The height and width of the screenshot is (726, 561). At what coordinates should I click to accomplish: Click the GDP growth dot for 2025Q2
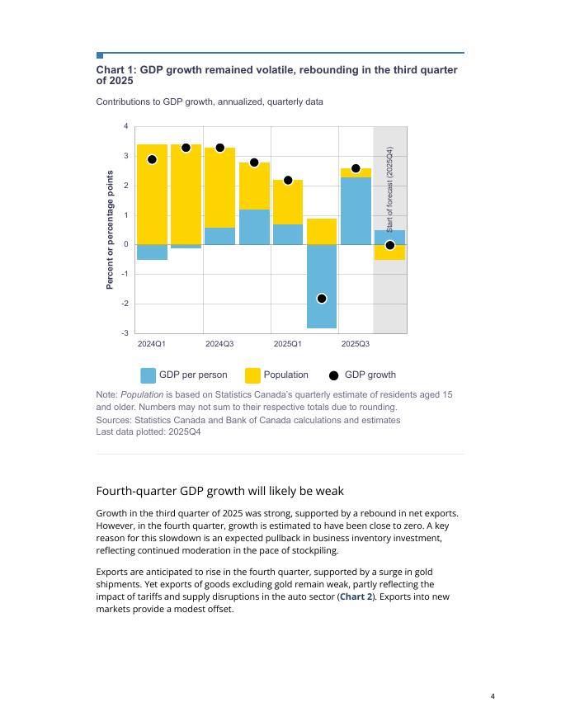(x=322, y=298)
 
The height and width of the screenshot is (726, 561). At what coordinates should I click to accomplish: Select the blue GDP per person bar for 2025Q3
(x=356, y=211)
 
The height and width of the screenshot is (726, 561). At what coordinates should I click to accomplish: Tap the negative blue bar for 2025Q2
(x=322, y=285)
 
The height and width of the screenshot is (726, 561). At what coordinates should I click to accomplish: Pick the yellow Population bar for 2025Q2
(x=322, y=231)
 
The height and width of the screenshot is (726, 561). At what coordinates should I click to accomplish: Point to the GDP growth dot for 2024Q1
(x=152, y=159)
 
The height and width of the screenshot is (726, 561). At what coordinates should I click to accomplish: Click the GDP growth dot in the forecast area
(x=390, y=245)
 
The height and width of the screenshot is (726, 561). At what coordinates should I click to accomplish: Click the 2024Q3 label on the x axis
(x=219, y=343)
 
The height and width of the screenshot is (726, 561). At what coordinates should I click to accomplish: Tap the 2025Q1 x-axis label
(x=288, y=343)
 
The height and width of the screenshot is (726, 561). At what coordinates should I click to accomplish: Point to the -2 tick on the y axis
(x=125, y=304)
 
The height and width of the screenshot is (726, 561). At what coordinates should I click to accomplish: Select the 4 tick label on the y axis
(x=126, y=126)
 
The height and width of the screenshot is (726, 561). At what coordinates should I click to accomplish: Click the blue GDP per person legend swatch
(x=148, y=375)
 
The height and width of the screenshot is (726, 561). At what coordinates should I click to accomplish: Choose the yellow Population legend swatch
(x=252, y=375)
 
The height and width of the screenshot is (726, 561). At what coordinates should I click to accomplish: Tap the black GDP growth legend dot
(x=333, y=375)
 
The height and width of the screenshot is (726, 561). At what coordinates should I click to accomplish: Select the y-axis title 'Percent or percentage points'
(x=110, y=229)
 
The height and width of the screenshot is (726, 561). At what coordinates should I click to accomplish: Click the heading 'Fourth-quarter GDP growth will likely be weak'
(x=219, y=491)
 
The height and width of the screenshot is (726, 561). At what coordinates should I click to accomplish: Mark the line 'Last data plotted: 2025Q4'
(x=148, y=431)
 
